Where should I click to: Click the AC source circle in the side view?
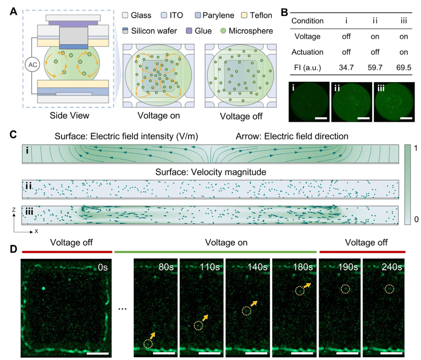click(32, 65)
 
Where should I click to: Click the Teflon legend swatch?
click(244, 15)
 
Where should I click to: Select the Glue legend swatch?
click(189, 31)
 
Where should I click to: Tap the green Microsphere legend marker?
click(223, 31)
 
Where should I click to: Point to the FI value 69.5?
click(403, 67)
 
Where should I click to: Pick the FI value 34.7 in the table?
click(346, 67)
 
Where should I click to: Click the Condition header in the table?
click(307, 21)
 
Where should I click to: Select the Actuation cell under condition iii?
click(403, 52)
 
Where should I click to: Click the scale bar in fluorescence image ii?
click(364, 118)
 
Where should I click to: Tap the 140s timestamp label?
click(257, 267)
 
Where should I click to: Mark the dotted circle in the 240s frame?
click(389, 289)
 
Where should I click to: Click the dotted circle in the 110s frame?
click(198, 326)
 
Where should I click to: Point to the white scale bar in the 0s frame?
click(97, 353)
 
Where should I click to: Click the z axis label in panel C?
click(14, 209)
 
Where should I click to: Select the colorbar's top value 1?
click(416, 148)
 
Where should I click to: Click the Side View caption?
click(69, 115)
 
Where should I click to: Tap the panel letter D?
click(13, 249)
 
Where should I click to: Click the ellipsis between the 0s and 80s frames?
click(122, 309)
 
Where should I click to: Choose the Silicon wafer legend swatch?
click(125, 31)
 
